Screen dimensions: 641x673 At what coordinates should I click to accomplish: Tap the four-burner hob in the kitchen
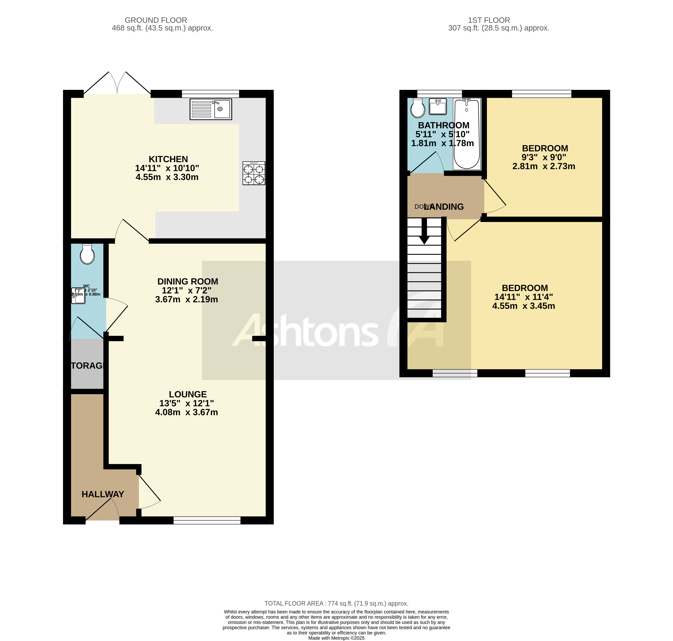point(254,173)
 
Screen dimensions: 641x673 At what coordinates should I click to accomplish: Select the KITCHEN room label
point(168,159)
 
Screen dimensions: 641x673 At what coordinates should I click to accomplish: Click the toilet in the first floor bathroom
point(418,108)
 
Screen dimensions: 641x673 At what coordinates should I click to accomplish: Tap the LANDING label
point(444,207)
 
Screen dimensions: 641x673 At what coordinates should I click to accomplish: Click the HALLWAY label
point(102,494)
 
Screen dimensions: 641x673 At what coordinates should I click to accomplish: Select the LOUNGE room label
point(188,394)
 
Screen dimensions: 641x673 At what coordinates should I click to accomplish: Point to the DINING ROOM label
point(188,281)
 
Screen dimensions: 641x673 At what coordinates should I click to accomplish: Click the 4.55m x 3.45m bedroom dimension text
point(523,306)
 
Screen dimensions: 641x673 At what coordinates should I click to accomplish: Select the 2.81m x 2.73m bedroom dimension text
point(543,166)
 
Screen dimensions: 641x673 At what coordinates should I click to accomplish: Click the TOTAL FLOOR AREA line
point(336,603)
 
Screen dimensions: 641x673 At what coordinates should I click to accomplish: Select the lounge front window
point(207,520)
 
